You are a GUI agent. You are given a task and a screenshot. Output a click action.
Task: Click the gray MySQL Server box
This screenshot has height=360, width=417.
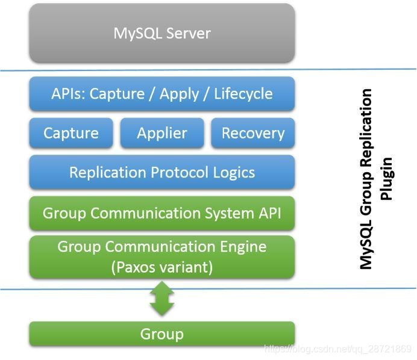pyautogui.click(x=161, y=33)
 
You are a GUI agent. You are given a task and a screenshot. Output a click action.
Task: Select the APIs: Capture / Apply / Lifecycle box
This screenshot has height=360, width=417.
pyautogui.click(x=161, y=94)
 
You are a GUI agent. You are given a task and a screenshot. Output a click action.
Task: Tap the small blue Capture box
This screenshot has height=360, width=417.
pyautogui.click(x=71, y=133)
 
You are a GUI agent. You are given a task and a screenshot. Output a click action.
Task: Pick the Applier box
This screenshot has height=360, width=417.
pyautogui.click(x=161, y=133)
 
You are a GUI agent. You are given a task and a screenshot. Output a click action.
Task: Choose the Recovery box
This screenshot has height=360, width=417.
pyautogui.click(x=252, y=133)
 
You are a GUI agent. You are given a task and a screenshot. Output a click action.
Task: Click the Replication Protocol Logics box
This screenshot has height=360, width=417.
pyautogui.click(x=161, y=173)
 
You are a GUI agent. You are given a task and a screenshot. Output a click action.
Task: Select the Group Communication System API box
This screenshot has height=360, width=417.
pyautogui.click(x=161, y=213)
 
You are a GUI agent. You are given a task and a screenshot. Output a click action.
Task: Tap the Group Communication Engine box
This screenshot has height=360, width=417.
pyautogui.click(x=161, y=256)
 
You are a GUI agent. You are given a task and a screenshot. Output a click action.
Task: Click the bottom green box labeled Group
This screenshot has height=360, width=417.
pyautogui.click(x=161, y=334)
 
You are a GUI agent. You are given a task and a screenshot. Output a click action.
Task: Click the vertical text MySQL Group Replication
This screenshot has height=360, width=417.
pyautogui.click(x=366, y=179)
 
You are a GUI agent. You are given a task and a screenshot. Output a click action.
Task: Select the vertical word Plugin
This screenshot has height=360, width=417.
pyautogui.click(x=386, y=179)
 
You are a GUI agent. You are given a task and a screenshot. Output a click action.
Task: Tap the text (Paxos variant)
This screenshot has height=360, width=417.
pyautogui.click(x=161, y=267)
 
